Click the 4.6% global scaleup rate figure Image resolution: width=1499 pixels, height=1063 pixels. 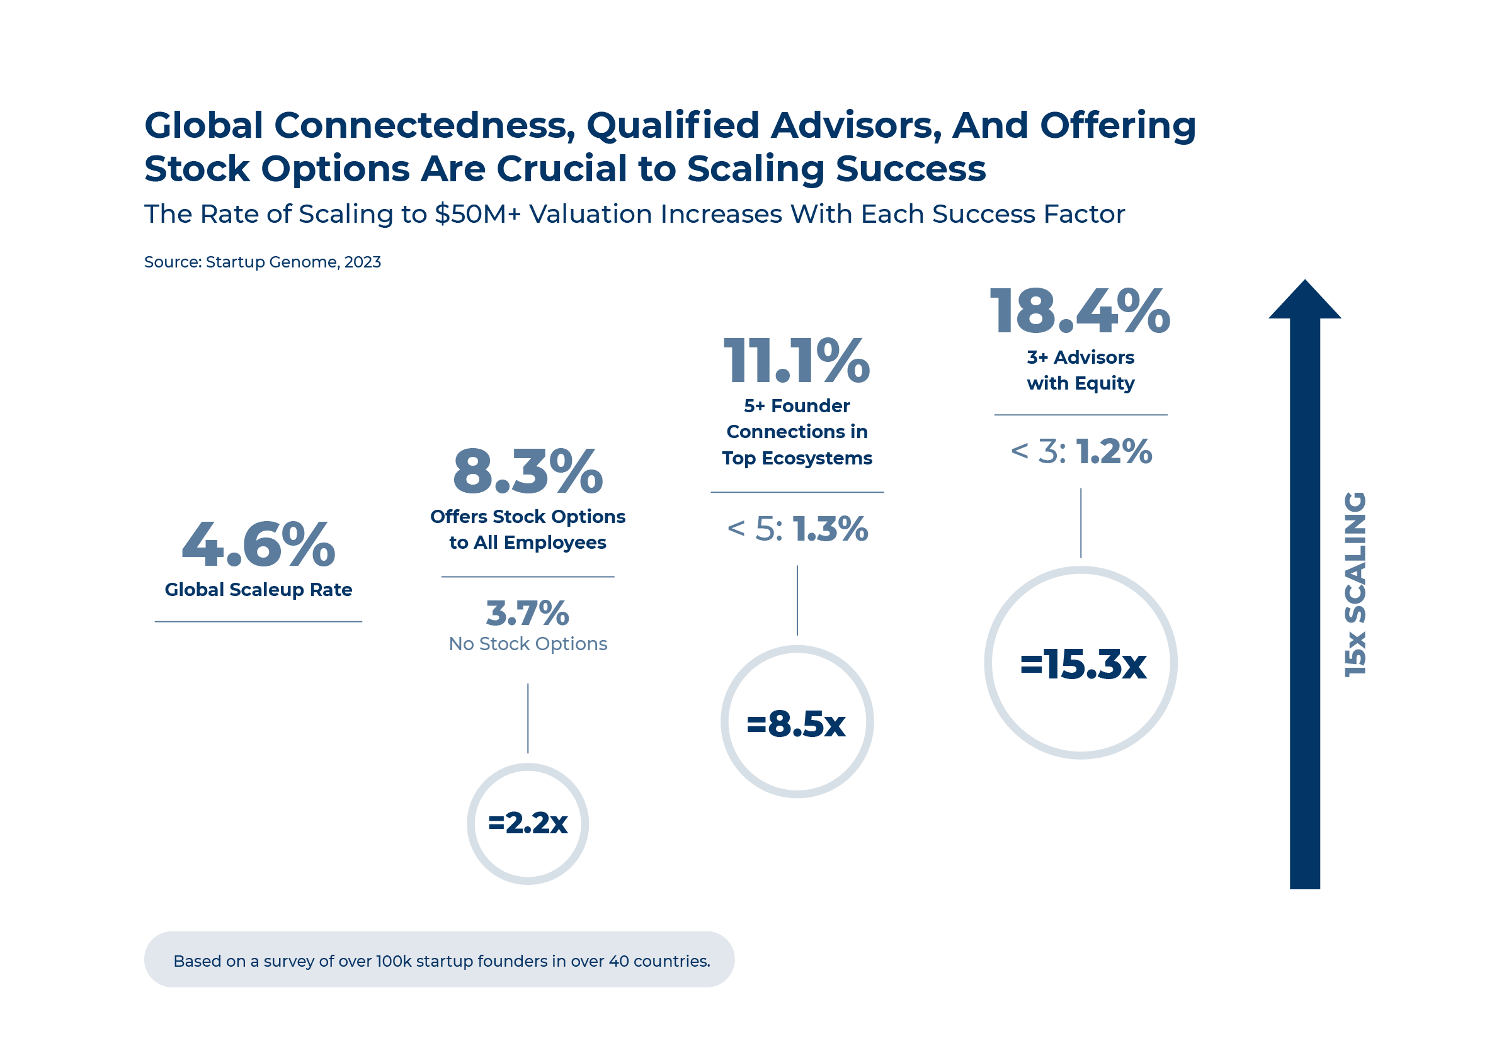coord(258,544)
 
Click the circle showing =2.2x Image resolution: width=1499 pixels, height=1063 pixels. coord(527,823)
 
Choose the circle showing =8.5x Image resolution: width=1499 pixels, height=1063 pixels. coord(796,721)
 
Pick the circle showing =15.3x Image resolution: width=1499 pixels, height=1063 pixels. coord(1081,663)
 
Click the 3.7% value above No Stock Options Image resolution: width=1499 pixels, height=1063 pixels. coord(527,614)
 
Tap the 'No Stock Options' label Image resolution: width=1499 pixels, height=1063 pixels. coord(528,643)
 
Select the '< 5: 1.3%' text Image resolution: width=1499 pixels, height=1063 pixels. coord(796,528)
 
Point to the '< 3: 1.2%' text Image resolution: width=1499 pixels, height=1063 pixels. coord(1081,451)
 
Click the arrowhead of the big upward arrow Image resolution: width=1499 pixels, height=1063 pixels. coord(1304,301)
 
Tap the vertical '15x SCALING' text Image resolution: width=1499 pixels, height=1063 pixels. coord(1354,584)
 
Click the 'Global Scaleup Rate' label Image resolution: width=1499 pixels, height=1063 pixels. coord(258,589)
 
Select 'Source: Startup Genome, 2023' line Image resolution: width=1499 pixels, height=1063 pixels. coord(262,262)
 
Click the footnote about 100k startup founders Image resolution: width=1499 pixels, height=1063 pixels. coord(442,960)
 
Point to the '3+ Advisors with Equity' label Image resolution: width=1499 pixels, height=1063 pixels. coord(1081,370)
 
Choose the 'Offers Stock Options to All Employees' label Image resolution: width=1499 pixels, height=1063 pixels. coord(527,529)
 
